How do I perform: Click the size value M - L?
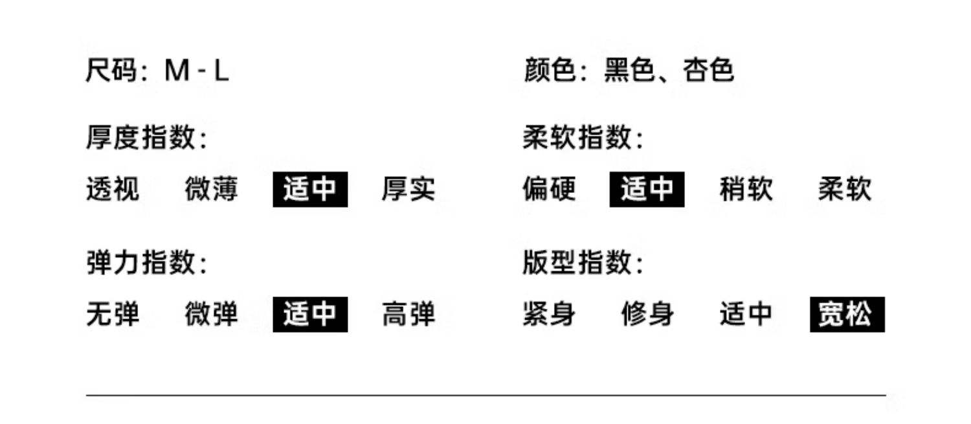tap(197, 70)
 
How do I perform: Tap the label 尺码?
tap(112, 70)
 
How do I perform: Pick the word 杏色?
tap(709, 70)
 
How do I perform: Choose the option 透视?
tap(113, 190)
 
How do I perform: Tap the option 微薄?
tap(211, 190)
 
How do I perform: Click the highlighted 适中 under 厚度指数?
tap(310, 190)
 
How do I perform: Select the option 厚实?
tap(408, 190)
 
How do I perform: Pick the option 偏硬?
tap(550, 190)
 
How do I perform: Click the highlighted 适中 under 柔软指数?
tap(647, 190)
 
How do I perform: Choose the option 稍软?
tap(746, 190)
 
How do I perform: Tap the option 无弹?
tap(113, 315)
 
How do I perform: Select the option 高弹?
tap(408, 315)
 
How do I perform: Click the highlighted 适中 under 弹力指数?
tap(310, 315)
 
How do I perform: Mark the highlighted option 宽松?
tap(847, 315)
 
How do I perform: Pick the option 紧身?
tap(550, 315)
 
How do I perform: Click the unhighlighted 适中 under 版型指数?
tap(746, 315)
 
